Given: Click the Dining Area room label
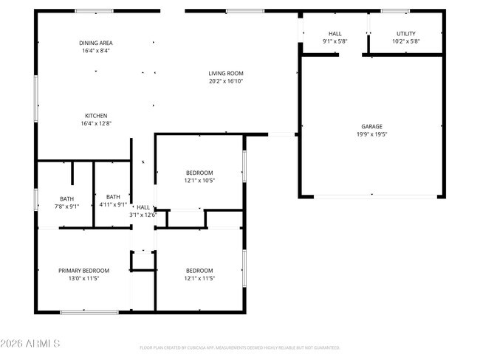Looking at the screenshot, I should (96, 43).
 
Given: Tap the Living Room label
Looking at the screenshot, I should (225, 73).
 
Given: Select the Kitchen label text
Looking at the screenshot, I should (96, 116).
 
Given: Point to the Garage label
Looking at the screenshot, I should (371, 126).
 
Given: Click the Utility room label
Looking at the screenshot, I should (406, 34).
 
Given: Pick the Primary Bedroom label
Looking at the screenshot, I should (83, 271).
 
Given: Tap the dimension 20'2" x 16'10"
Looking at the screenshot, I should (225, 81).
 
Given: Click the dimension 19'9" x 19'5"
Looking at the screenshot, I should (371, 134).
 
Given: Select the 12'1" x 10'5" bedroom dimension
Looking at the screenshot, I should (199, 181).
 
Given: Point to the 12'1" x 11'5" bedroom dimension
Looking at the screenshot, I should (199, 279).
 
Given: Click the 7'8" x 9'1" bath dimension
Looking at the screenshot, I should (66, 207).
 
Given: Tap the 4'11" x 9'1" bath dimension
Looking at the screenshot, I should (113, 204).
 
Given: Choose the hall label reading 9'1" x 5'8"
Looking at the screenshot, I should (335, 42).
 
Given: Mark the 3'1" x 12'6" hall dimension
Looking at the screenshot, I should (143, 215).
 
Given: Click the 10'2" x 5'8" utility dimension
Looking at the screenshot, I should (406, 42).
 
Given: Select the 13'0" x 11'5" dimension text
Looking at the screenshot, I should (83, 279).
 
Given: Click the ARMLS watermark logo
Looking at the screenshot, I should (30, 345).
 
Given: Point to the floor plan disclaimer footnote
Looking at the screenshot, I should (239, 347).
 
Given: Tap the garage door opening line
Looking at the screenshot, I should (371, 196).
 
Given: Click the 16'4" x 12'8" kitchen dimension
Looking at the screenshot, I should (96, 124).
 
